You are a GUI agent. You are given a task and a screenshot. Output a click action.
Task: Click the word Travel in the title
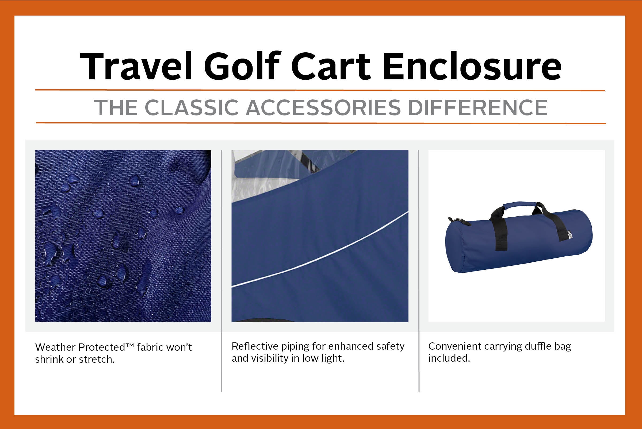(136, 66)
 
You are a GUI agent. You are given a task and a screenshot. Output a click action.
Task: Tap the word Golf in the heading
(242, 66)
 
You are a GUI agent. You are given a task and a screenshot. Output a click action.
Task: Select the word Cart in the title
(331, 66)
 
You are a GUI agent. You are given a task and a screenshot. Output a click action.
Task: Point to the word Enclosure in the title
(472, 66)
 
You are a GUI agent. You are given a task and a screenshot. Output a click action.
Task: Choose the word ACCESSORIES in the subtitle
(323, 107)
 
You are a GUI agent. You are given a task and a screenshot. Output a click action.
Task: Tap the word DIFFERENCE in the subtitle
(477, 107)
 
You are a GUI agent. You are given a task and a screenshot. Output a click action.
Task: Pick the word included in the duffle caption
(449, 358)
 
